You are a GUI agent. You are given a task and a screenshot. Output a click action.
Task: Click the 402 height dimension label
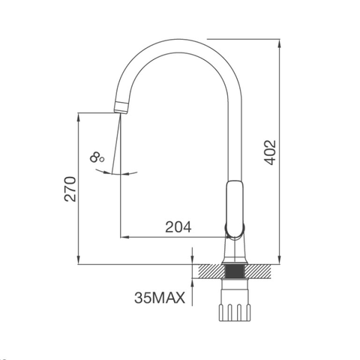(x=271, y=152)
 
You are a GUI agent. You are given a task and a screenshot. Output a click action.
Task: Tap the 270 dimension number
(x=70, y=189)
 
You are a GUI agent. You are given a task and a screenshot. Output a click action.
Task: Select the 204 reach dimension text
(x=178, y=227)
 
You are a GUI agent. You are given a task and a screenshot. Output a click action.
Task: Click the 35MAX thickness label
(x=160, y=298)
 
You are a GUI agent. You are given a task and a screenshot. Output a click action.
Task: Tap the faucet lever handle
(x=235, y=209)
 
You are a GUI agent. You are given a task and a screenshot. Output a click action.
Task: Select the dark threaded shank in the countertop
(x=235, y=271)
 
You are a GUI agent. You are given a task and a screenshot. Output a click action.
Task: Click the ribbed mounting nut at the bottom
(x=235, y=312)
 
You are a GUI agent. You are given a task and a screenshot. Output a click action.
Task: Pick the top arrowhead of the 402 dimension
(x=280, y=43)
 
